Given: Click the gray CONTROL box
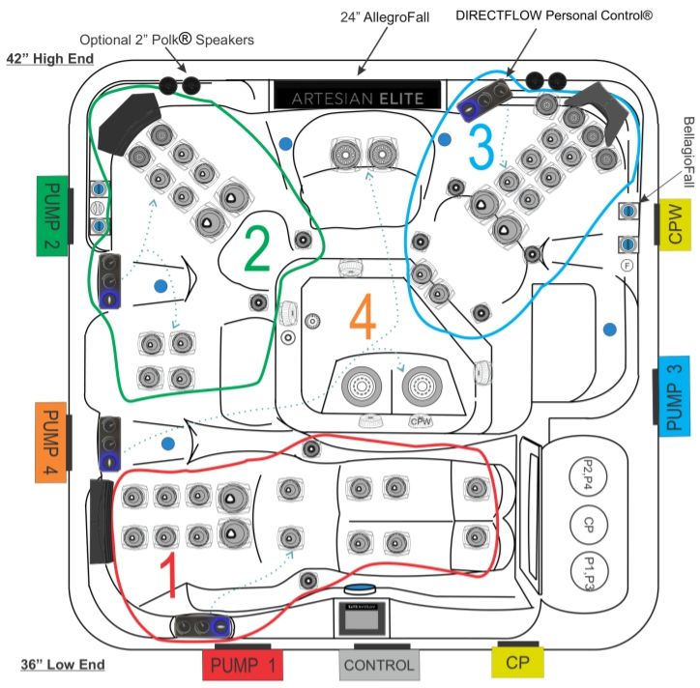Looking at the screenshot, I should (x=378, y=665).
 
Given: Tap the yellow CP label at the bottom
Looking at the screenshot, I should (x=517, y=663).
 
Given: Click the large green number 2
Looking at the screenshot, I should (x=255, y=249).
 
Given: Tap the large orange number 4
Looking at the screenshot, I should (x=361, y=316).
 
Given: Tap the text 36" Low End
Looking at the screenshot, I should (x=62, y=665).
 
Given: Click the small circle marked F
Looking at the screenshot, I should (x=627, y=265).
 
